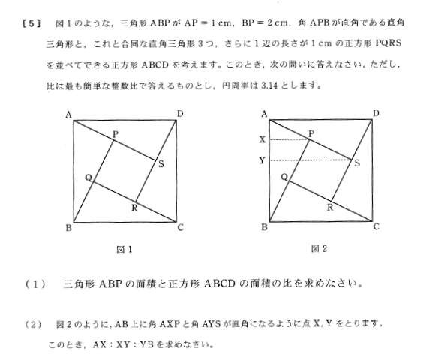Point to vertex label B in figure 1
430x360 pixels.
(x=68, y=228)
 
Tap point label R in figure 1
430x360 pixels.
(x=134, y=207)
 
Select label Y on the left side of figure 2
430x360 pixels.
(x=262, y=160)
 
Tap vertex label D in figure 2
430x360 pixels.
(x=376, y=113)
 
